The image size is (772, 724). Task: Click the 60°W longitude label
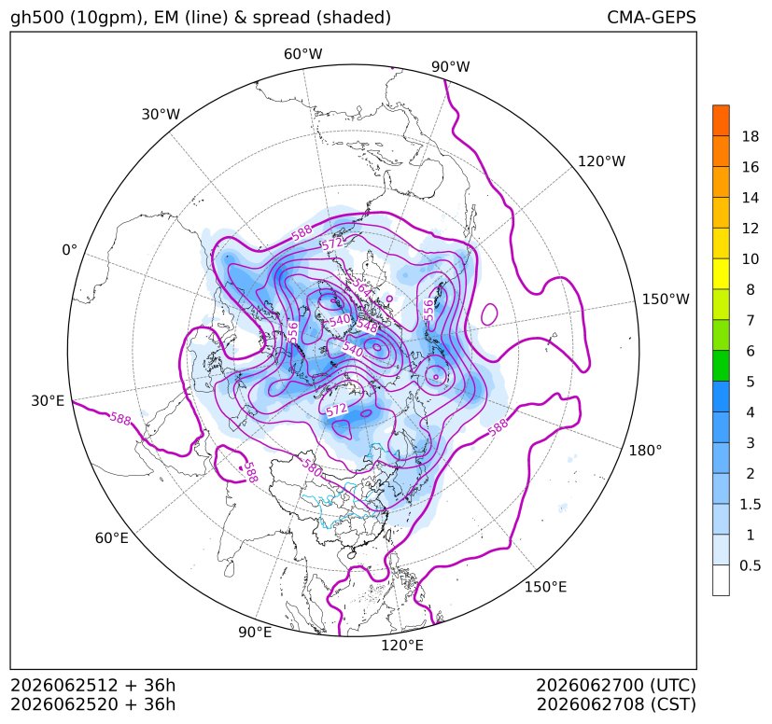click(x=302, y=54)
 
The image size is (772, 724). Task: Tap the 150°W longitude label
click(x=666, y=299)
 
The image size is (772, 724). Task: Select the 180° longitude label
click(x=645, y=451)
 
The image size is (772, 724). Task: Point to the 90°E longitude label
click(x=255, y=632)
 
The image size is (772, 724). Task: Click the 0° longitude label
click(x=69, y=250)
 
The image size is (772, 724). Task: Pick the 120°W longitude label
click(x=602, y=161)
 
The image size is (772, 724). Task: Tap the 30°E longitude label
click(x=48, y=400)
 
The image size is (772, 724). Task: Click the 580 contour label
click(x=312, y=467)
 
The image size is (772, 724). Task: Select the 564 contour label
click(x=362, y=287)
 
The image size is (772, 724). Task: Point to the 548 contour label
click(x=367, y=326)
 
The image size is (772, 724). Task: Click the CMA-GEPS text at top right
click(x=652, y=17)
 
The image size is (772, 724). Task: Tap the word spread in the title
click(x=280, y=18)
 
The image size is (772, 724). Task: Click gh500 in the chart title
click(x=37, y=18)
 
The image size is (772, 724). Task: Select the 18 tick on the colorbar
click(x=751, y=136)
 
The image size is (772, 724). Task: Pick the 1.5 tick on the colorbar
click(x=750, y=504)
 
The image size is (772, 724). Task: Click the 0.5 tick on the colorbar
click(x=750, y=565)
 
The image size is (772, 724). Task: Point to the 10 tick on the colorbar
click(x=751, y=258)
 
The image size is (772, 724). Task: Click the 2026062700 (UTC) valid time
click(x=616, y=685)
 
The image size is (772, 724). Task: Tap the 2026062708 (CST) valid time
click(x=616, y=704)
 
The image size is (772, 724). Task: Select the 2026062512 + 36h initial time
click(x=93, y=685)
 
